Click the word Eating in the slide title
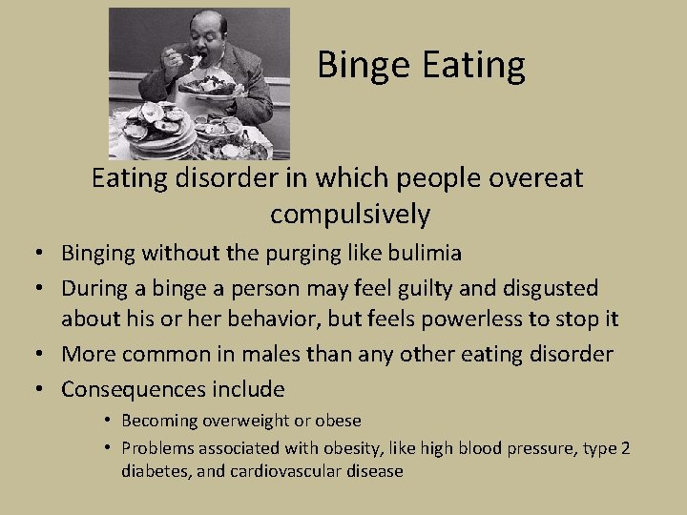point(474,66)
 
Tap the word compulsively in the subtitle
point(350,215)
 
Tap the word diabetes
point(155,471)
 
